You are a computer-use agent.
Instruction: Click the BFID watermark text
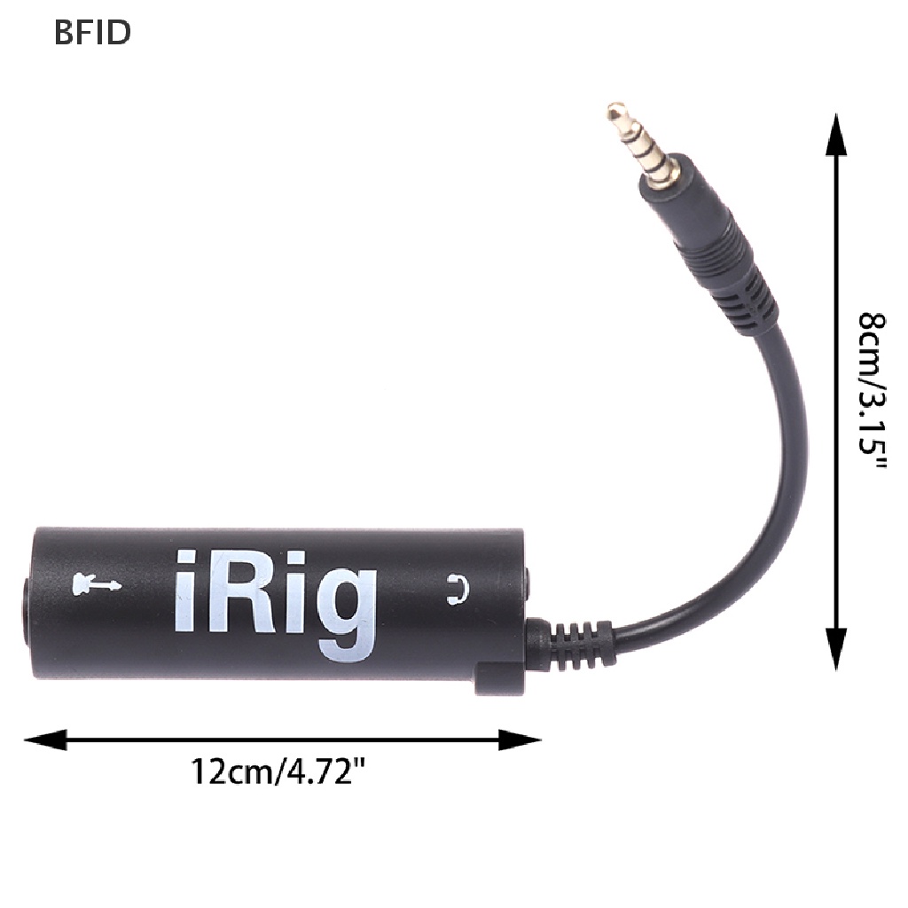[92, 32]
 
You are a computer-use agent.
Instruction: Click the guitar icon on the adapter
[95, 583]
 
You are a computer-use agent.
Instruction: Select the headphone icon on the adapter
[457, 589]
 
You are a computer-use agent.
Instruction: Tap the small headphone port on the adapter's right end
[527, 585]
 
